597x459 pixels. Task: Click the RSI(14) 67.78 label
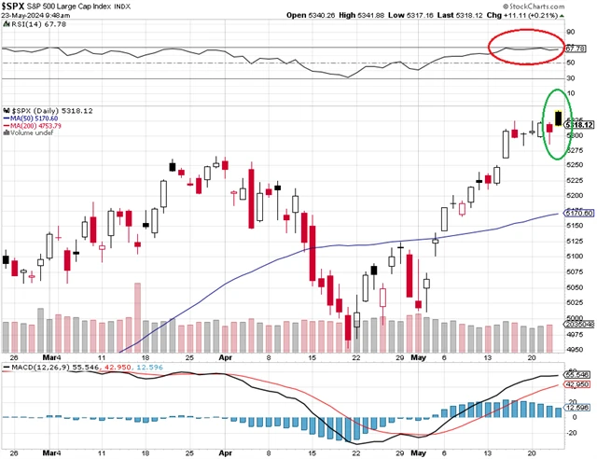[x=35, y=38]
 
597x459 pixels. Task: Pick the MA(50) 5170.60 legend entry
[x=35, y=119]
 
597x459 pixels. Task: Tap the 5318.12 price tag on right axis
[x=579, y=125]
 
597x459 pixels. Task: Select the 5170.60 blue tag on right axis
[x=579, y=214]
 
